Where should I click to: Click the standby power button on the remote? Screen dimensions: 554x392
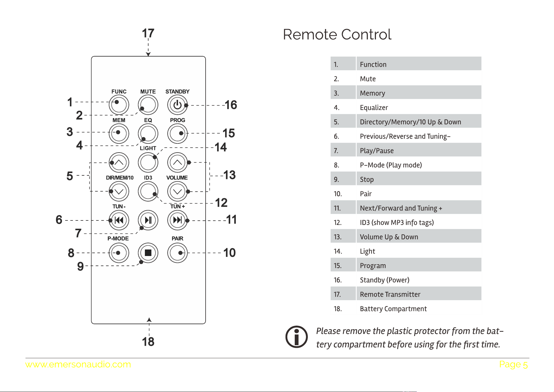(177, 105)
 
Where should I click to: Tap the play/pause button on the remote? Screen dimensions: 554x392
(148, 220)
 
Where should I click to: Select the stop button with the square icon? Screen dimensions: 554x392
(148, 253)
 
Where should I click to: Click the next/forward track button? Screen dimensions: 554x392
(177, 220)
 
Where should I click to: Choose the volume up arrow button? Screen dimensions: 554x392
(177, 162)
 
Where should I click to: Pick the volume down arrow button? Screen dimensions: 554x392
(177, 191)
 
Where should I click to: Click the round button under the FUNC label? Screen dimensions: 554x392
(119, 105)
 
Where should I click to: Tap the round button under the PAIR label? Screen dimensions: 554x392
(177, 253)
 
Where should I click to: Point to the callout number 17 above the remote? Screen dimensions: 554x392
(148, 33)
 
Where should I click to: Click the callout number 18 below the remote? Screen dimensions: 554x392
(148, 342)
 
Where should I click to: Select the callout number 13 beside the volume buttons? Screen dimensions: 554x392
(230, 175)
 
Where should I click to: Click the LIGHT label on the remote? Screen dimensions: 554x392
(148, 148)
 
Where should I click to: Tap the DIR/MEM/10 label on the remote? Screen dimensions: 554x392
(120, 178)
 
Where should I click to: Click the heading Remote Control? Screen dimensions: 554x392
(337, 34)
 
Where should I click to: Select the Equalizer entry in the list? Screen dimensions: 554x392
(374, 108)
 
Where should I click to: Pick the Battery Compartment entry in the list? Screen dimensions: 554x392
(393, 309)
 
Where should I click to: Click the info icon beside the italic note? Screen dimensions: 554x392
(297, 337)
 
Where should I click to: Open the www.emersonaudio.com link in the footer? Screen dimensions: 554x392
(78, 364)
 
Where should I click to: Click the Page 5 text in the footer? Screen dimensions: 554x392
(513, 364)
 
